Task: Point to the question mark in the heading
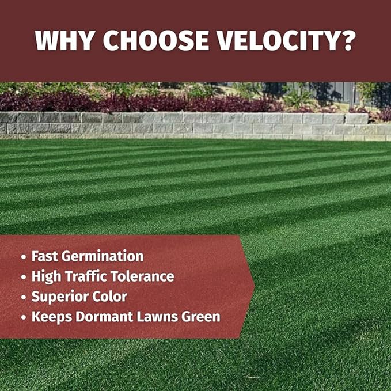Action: [x=347, y=41]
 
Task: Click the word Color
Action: [x=108, y=297]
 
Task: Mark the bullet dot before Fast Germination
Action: [x=23, y=257]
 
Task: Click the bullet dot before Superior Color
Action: [x=23, y=297]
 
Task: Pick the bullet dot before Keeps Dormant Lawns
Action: [x=23, y=317]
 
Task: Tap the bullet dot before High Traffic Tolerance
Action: [x=23, y=277]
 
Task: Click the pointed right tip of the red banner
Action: [x=253, y=286]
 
